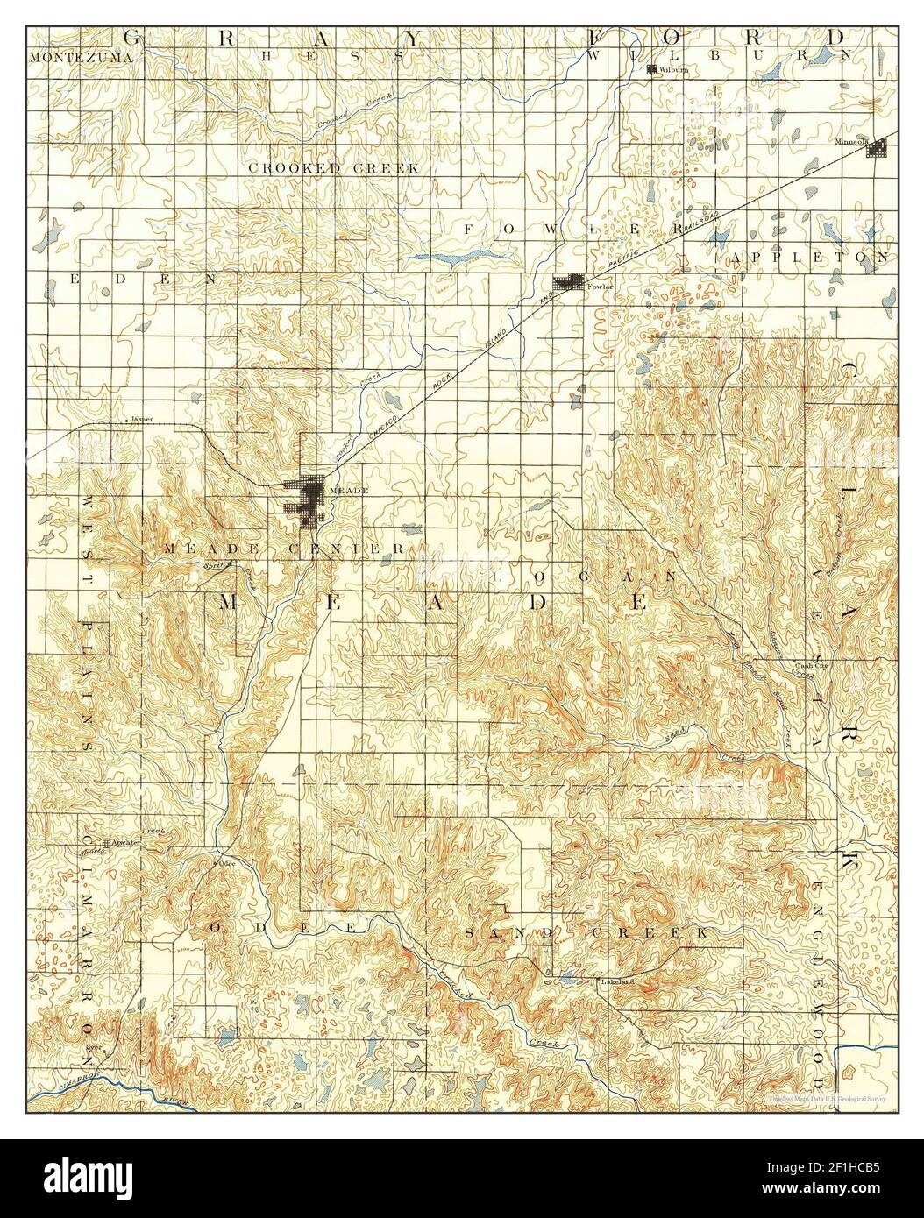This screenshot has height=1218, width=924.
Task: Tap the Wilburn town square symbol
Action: pyautogui.click(x=651, y=70)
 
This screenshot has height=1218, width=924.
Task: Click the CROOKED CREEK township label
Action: pyautogui.click(x=333, y=167)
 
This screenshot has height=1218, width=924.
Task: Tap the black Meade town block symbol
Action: pyautogui.click(x=309, y=502)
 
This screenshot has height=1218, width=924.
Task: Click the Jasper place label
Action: pyautogui.click(x=141, y=419)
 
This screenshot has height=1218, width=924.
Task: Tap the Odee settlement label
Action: pyautogui.click(x=228, y=862)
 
